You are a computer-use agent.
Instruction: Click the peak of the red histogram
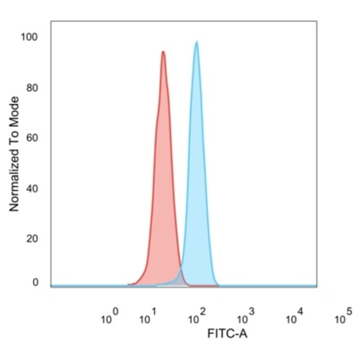coord(163,52)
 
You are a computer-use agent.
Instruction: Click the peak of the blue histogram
coord(196,42)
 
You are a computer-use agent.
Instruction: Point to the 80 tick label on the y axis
coord(32,88)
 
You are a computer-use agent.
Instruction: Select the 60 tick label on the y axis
coord(32,138)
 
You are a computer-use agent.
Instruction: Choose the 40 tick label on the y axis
coord(32,188)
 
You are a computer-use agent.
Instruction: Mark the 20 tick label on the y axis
coord(32,239)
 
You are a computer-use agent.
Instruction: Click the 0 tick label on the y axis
coord(35,283)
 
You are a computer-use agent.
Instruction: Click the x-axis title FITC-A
coord(227,334)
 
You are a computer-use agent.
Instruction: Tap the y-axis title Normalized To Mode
coord(15,154)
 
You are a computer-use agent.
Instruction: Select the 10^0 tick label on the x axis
coord(109,318)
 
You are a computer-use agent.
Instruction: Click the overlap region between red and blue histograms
coord(180,279)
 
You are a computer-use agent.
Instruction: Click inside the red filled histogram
coord(163,188)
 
